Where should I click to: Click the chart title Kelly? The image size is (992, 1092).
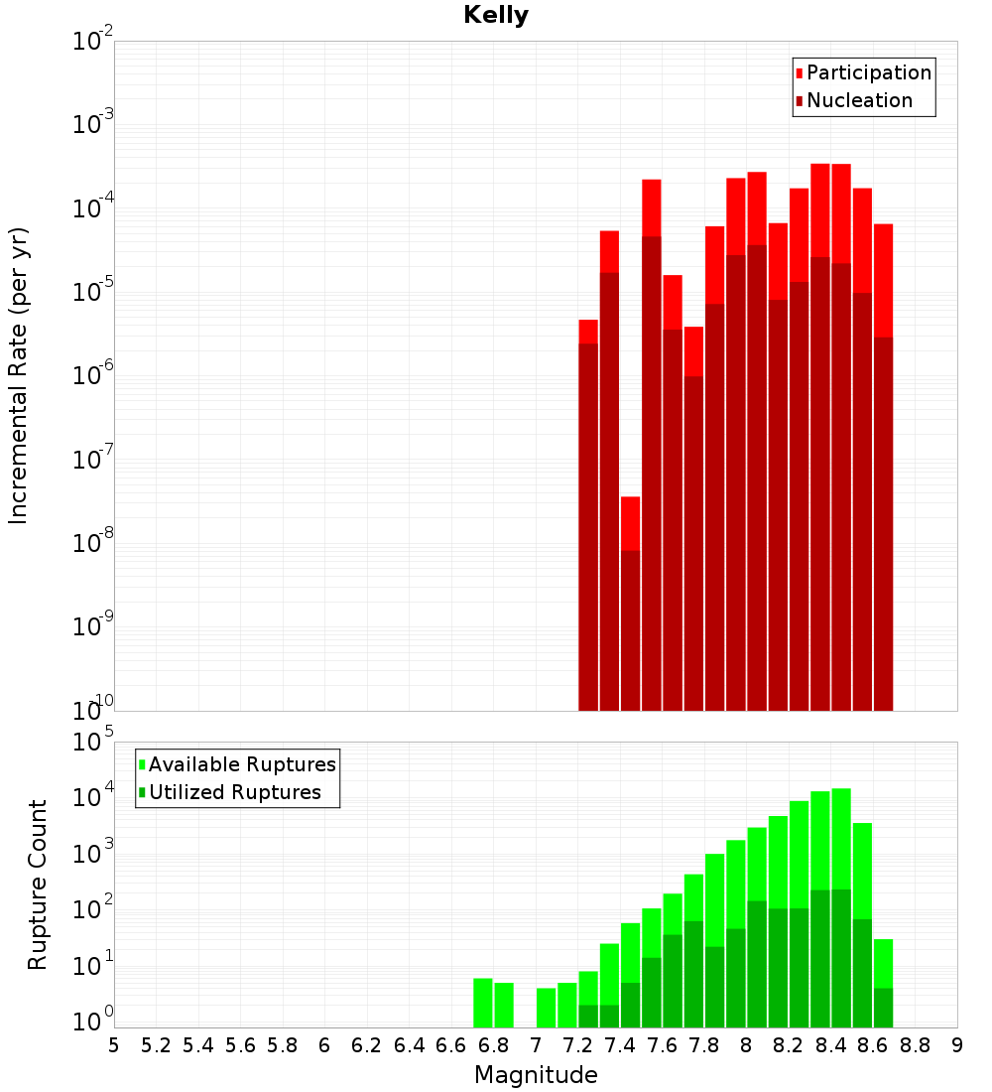[x=496, y=16]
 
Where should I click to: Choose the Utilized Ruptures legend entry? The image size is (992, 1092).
[x=234, y=792]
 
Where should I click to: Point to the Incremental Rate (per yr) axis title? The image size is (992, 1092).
[x=19, y=375]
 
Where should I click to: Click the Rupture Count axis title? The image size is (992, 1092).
[x=38, y=885]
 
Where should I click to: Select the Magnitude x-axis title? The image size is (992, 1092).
[x=536, y=1074]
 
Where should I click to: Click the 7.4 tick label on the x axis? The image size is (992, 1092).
[x=620, y=1044]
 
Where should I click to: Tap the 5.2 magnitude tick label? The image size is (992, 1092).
[x=157, y=1044]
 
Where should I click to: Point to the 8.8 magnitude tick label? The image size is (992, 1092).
[x=916, y=1044]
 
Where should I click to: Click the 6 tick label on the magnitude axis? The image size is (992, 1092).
[x=324, y=1044]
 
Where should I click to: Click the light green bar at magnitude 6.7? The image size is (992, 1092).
[x=483, y=1003]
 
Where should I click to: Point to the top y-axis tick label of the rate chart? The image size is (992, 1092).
[x=92, y=42]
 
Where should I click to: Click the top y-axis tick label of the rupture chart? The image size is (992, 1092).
[x=92, y=742]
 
